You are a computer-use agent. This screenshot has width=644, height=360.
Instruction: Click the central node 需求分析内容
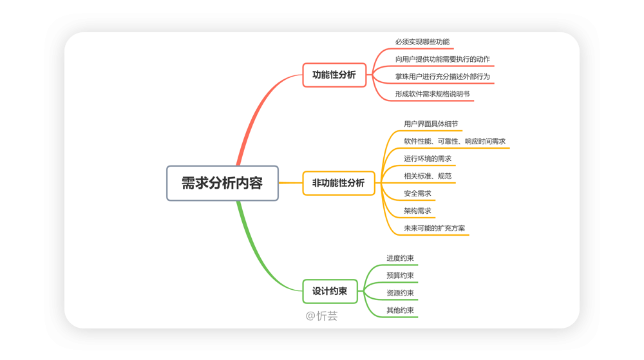(222, 183)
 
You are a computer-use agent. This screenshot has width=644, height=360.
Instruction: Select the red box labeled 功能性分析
(334, 75)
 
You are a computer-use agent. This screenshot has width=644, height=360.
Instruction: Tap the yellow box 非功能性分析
(339, 183)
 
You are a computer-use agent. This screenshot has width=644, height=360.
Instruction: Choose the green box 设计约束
(330, 292)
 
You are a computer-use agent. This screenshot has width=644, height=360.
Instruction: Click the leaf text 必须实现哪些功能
(422, 42)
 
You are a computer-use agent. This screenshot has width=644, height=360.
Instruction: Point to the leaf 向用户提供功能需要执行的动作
(442, 59)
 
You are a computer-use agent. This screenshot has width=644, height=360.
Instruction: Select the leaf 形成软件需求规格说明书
(433, 94)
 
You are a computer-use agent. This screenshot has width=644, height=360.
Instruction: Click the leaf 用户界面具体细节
(431, 124)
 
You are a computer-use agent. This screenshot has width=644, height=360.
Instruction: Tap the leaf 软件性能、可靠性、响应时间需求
(455, 141)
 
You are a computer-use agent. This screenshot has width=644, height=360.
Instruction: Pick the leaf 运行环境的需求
(428, 158)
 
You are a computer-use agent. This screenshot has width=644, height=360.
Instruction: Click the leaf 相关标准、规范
(428, 176)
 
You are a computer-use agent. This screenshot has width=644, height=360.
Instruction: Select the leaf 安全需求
(417, 193)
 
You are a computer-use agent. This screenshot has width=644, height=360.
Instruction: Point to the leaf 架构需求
(417, 211)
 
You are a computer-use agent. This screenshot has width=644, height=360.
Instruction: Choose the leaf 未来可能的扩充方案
(434, 228)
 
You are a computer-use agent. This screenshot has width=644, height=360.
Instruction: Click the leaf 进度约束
(400, 258)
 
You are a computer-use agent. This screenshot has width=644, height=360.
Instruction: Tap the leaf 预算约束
(400, 276)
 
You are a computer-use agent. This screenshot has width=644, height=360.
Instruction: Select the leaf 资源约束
(400, 292)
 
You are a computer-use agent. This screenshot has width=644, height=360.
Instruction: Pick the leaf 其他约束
(400, 310)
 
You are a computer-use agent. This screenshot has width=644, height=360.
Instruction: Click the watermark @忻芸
(321, 316)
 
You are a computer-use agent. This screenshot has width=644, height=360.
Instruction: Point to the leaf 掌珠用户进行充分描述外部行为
(442, 77)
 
